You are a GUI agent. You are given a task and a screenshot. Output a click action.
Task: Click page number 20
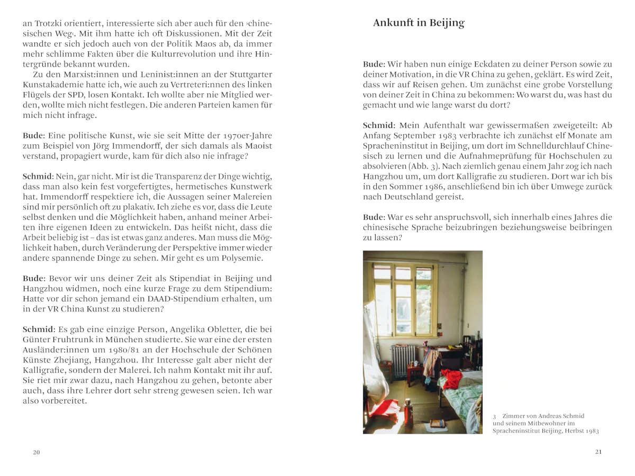coord(37,452)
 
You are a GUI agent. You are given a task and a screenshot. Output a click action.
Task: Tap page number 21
coord(598,452)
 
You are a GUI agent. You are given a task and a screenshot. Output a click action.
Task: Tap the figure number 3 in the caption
coord(494,416)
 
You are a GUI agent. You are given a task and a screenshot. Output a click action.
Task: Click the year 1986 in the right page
coord(440,187)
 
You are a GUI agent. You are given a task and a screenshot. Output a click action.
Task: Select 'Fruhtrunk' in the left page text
coord(75,340)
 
